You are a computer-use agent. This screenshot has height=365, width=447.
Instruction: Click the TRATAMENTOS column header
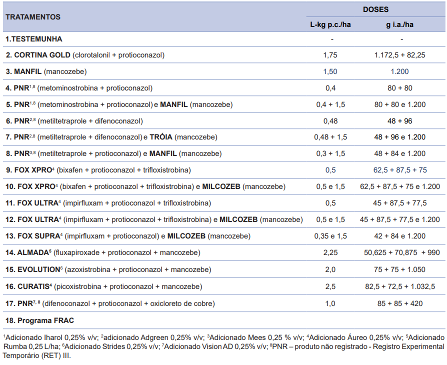tap(33, 17)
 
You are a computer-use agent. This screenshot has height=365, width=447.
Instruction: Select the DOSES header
tap(375, 9)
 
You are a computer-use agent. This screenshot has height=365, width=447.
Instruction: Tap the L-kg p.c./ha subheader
tap(330, 25)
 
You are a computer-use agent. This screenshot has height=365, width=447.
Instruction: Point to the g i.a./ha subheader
tap(399, 25)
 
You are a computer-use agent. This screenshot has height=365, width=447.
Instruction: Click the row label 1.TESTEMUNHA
tap(33, 39)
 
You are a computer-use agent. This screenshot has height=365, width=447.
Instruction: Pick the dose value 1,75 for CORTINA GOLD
tap(330, 55)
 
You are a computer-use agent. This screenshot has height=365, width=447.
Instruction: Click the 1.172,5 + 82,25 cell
tap(399, 55)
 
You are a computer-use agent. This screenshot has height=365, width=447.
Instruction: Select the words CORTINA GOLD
tap(42, 55)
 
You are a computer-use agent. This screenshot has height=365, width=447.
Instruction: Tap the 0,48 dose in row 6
tap(330, 121)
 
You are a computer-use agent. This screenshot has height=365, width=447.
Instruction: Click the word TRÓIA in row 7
tap(161, 137)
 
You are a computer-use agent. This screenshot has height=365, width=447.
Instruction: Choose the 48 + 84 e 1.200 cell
tap(399, 153)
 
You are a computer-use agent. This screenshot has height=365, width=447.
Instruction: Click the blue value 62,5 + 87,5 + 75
tap(400, 170)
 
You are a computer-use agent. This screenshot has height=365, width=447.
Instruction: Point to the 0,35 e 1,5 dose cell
tap(330, 236)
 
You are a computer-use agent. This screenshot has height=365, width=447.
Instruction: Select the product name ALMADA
tap(33, 252)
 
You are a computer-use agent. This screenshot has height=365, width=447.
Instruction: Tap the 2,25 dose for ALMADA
tap(330, 252)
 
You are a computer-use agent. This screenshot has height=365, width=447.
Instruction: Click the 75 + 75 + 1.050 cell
tap(399, 270)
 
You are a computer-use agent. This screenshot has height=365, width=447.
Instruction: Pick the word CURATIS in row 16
tap(33, 286)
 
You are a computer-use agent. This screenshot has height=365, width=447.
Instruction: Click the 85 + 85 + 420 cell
tap(400, 303)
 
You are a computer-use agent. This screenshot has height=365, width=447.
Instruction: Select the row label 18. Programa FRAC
tap(39, 320)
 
